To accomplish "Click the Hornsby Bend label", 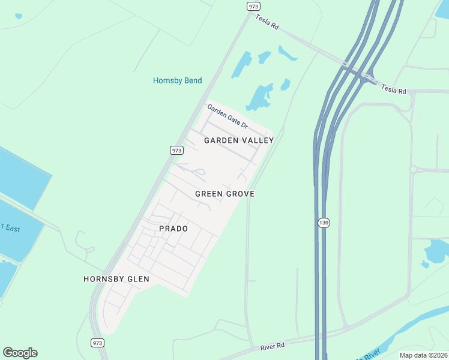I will point(177,80).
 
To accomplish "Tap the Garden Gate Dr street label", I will point(228,116).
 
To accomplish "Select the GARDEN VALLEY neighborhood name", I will point(239,140).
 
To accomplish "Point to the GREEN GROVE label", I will point(224,194).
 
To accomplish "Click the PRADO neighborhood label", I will point(173,229).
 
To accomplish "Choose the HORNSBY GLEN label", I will point(116,279).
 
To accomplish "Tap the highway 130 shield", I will point(324,223).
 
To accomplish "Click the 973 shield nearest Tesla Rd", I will point(253,6).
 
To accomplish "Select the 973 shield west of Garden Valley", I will point(176,151).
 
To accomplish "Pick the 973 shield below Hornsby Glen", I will point(98,343).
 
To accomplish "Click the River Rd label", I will point(272,347).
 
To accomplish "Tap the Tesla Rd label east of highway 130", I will point(394,90).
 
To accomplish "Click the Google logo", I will point(20,353).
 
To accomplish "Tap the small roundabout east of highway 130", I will point(413,169).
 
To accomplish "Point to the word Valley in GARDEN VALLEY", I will point(257,140).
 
